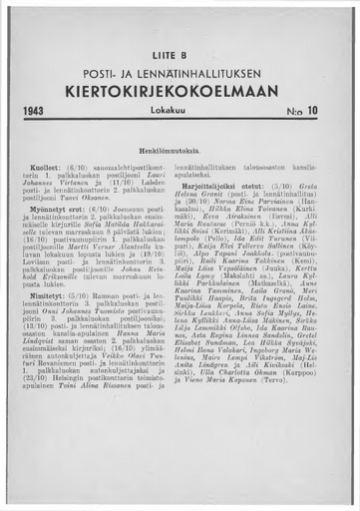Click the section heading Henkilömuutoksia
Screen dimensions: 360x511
(180, 148)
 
